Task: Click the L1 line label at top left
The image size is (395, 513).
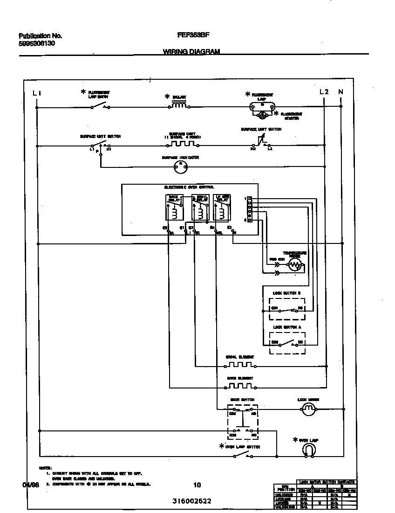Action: point(37,92)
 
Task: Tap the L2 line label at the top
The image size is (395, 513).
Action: point(324,92)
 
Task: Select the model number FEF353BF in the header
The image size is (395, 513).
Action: point(192,35)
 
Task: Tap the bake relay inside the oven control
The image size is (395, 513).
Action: point(173,207)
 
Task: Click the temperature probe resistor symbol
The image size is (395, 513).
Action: point(294,265)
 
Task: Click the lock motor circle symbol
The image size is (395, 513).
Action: point(307,409)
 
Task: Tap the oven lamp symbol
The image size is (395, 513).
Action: point(308,450)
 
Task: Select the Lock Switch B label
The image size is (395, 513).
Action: point(286,292)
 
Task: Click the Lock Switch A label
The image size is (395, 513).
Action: point(286,327)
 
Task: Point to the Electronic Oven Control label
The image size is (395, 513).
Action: point(189,187)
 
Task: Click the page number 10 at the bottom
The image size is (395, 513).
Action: point(197,485)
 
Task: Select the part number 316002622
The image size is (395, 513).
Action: point(191,501)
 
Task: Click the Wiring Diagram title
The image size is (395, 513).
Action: point(191,52)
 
